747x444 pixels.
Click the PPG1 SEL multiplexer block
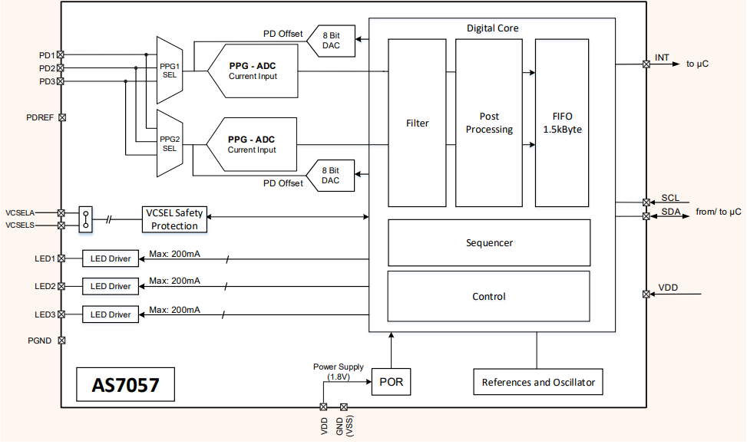tap(168, 71)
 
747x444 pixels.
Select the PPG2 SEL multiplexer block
tap(168, 143)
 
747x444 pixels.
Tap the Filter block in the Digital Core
tap(417, 123)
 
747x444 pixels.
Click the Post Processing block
tap(489, 123)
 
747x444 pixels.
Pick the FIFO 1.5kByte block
tap(562, 123)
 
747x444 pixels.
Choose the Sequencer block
tap(489, 242)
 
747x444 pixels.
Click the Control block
tap(489, 296)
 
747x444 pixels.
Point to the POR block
tap(391, 381)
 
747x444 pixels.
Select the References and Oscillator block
tap(537, 382)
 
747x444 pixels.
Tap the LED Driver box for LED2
tap(111, 286)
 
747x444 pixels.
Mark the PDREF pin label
tap(39, 118)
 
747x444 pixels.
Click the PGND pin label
tap(40, 340)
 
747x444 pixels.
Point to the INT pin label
tap(662, 58)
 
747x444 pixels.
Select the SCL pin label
tap(669, 198)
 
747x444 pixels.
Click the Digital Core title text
tap(492, 28)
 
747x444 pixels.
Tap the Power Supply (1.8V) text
tap(339, 372)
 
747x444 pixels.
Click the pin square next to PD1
tap(61, 54)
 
